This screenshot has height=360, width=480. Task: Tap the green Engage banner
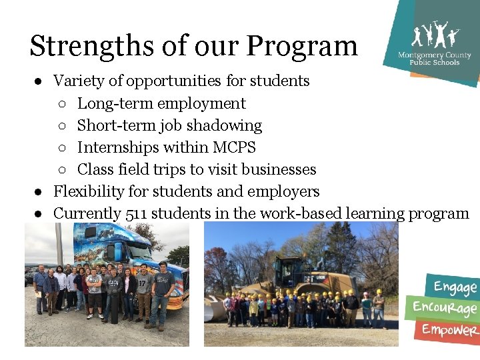[455, 287]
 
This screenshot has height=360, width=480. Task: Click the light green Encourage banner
[445, 308]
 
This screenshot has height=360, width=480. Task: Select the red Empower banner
[449, 329]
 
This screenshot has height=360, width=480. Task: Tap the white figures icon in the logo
[435, 35]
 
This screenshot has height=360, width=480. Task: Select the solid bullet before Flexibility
[40, 192]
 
